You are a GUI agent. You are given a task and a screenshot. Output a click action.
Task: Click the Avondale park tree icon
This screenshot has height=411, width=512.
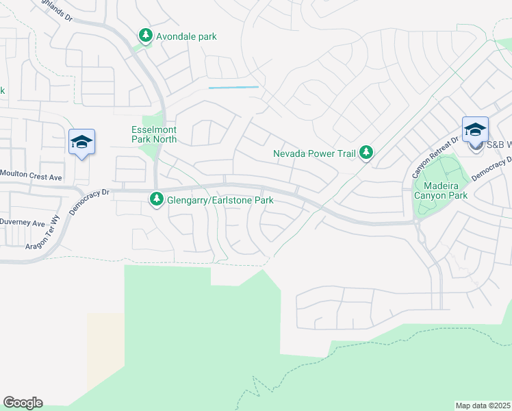(x=145, y=36)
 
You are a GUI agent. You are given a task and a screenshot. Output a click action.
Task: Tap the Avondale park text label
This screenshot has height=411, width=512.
(x=186, y=36)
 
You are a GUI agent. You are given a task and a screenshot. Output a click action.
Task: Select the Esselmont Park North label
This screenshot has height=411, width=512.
(x=154, y=134)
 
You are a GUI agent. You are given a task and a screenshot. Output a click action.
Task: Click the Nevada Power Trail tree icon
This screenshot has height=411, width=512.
(x=366, y=153)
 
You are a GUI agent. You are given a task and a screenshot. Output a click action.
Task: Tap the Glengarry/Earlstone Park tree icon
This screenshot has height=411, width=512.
(x=157, y=200)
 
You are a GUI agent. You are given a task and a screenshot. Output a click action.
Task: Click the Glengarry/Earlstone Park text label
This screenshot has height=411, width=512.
(x=220, y=200)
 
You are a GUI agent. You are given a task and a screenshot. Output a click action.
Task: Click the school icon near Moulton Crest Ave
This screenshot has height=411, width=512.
(x=81, y=142)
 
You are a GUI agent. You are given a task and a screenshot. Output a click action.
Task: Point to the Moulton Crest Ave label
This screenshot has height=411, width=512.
(x=31, y=177)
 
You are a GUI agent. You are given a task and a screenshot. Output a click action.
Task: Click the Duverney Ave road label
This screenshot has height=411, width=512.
(x=22, y=223)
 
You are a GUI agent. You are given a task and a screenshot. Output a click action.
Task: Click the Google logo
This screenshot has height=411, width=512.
(x=23, y=403)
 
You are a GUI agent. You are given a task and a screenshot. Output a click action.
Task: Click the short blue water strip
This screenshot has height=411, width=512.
(x=233, y=88)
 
